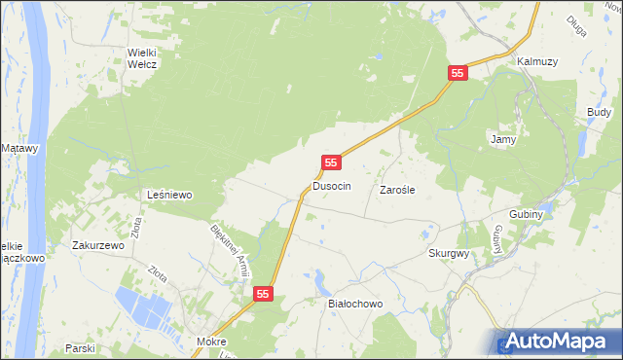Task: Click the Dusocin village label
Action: (x=331, y=185)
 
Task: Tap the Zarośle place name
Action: (x=397, y=191)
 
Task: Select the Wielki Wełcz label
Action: (x=142, y=57)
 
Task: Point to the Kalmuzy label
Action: (x=536, y=61)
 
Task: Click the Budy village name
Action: (x=599, y=113)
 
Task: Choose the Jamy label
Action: (x=502, y=139)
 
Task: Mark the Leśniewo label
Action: (x=168, y=195)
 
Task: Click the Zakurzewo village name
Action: (x=98, y=246)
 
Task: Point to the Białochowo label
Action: (x=355, y=304)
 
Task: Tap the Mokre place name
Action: (x=210, y=342)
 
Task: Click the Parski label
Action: (x=79, y=347)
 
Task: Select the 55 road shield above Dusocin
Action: (x=332, y=162)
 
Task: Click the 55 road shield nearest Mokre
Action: (x=264, y=293)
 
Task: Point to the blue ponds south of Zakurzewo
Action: (x=146, y=309)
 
